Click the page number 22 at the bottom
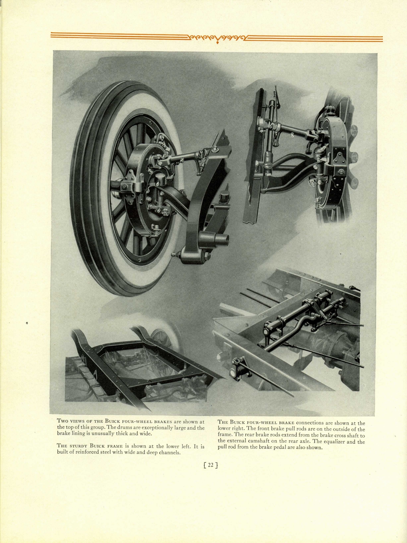pos(210,465)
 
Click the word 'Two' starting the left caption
pos(63,422)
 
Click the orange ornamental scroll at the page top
pos(216,37)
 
